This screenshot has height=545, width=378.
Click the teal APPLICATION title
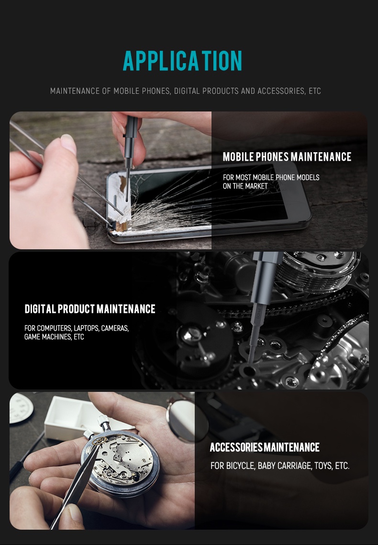[182, 61]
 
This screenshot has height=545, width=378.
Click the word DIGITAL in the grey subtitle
[187, 91]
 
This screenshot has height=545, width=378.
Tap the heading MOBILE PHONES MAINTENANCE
[287, 157]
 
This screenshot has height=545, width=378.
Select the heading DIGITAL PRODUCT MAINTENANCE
[89, 309]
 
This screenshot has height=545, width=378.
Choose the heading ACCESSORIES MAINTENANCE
[265, 447]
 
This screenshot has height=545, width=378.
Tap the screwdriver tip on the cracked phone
[127, 200]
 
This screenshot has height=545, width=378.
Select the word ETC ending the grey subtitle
[315, 91]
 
